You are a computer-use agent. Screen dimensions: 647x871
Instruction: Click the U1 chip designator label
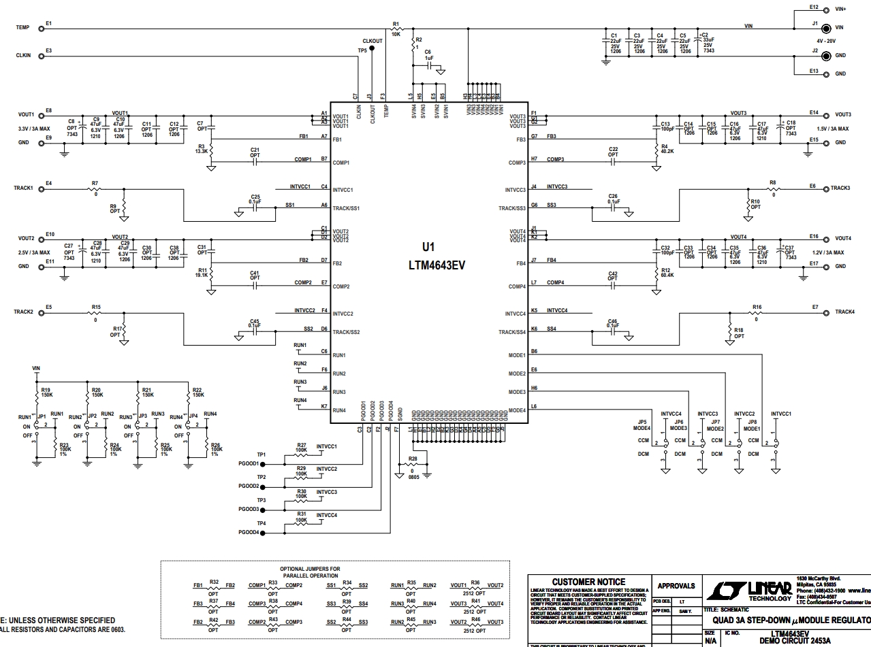[428, 248]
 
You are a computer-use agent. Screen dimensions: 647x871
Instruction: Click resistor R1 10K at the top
[396, 29]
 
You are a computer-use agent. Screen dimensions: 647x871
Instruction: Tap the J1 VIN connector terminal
[826, 29]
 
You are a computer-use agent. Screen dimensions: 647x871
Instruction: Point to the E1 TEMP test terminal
[42, 29]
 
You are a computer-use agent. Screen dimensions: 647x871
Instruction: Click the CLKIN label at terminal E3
[25, 56]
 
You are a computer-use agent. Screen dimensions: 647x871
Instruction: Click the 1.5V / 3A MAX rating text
[832, 128]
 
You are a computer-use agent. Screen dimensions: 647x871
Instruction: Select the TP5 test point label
[362, 50]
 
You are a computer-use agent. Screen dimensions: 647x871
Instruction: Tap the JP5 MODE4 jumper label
[642, 425]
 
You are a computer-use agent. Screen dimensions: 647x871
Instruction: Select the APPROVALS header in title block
[676, 586]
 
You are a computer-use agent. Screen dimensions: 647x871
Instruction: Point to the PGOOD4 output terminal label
[249, 533]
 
